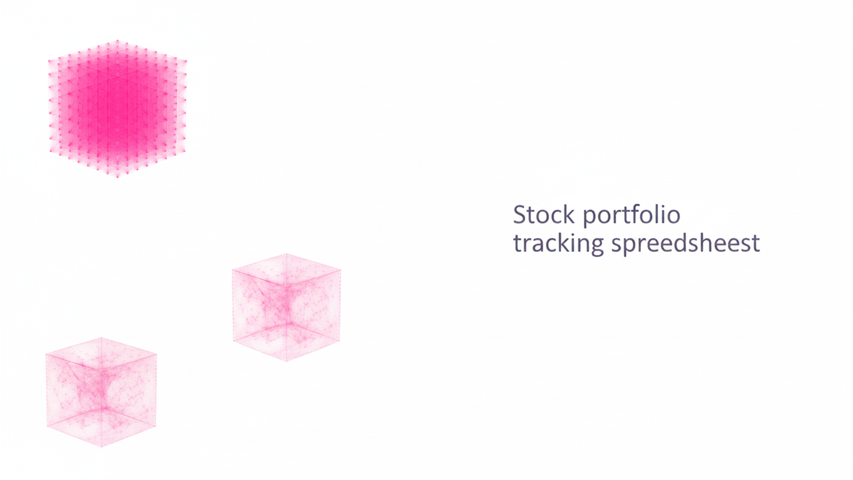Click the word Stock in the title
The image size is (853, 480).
point(544,215)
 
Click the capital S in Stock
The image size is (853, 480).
point(520,215)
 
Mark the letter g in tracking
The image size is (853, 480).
point(597,246)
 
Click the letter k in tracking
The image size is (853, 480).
point(563,243)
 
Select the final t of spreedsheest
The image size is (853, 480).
point(755,244)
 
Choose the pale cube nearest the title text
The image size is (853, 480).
point(286,308)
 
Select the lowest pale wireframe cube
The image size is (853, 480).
point(101,392)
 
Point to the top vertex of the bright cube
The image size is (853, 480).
point(117,41)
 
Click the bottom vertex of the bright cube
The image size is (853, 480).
point(117,176)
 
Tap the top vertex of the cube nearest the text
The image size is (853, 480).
point(286,254)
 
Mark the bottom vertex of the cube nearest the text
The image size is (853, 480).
point(286,361)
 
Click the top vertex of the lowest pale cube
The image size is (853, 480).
point(101,338)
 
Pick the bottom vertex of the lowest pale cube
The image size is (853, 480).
point(101,446)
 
